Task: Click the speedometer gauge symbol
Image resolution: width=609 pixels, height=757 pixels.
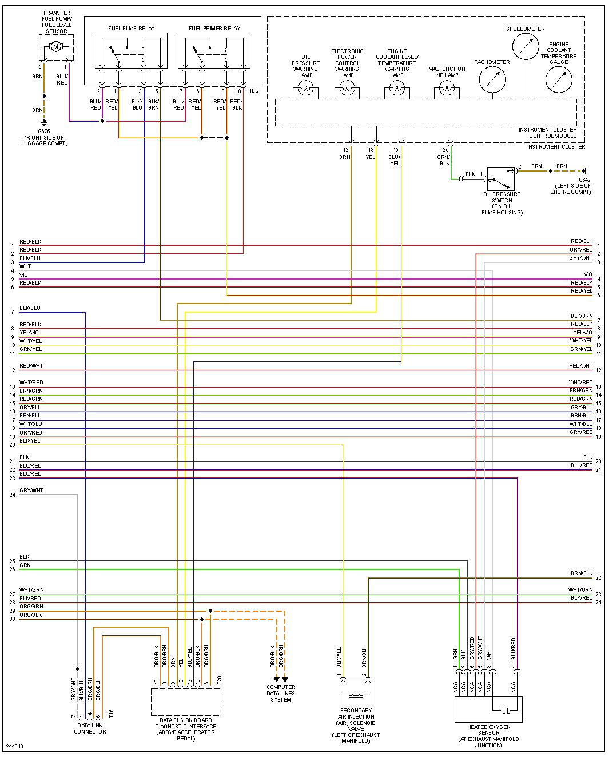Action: point(526,47)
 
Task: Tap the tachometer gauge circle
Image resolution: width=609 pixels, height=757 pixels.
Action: point(492,80)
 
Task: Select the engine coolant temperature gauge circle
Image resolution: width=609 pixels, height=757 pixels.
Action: point(559,80)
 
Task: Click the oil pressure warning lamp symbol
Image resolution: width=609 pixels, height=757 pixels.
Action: point(306,89)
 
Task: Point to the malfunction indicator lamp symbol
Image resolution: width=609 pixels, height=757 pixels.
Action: point(447,89)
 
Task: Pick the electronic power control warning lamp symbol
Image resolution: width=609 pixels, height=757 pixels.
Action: point(347,89)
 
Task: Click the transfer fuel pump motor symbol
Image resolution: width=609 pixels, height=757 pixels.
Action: point(55,46)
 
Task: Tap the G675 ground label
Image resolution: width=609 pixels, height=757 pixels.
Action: point(44,131)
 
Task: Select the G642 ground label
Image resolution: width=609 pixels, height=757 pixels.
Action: point(584,180)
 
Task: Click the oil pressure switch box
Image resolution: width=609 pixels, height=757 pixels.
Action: point(501,179)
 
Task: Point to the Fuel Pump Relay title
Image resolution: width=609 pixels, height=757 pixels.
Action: point(131,28)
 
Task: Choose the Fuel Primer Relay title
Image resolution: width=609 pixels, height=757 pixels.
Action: point(214,28)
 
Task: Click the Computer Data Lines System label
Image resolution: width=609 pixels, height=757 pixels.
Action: point(281,693)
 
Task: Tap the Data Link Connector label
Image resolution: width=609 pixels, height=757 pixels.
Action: point(90,728)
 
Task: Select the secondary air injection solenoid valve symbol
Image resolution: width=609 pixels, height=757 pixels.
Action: point(356,692)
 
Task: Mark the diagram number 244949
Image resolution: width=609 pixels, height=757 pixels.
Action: point(15,746)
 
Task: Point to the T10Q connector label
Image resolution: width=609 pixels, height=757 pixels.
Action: point(253,90)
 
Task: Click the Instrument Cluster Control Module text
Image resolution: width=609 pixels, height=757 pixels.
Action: point(547,133)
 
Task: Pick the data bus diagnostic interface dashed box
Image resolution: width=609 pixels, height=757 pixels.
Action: point(185,702)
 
